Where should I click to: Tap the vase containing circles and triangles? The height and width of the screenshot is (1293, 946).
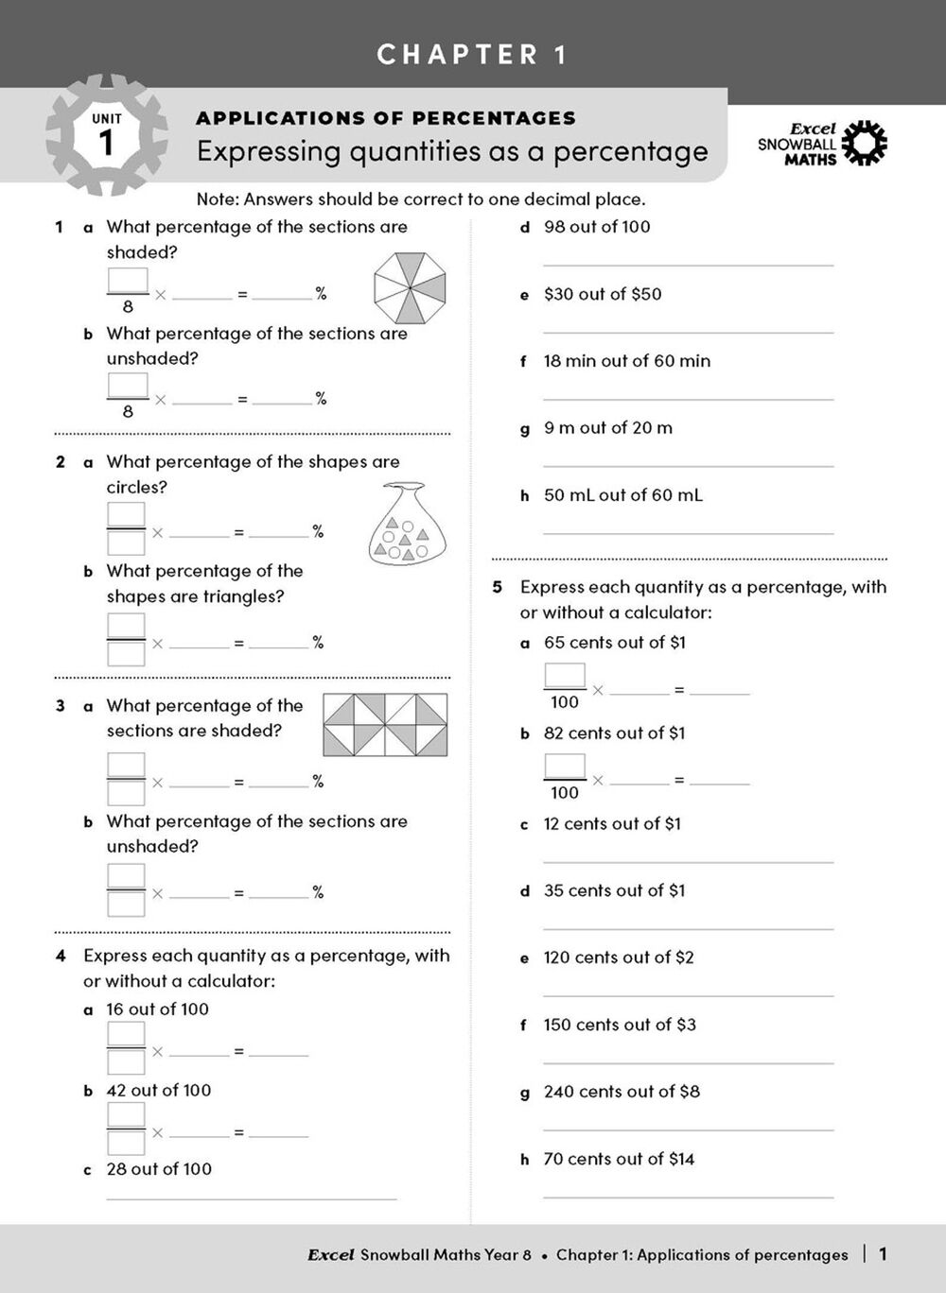coord(405,526)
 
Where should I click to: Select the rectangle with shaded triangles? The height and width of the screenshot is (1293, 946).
coord(385,725)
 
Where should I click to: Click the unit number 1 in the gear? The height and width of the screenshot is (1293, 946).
coord(106,144)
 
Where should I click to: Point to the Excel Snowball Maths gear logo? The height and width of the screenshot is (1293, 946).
coord(864,144)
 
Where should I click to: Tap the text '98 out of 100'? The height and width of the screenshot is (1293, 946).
coord(597,227)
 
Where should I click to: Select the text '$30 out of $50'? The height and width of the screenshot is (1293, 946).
coord(603,294)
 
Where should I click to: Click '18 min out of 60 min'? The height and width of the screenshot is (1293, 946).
coord(626,361)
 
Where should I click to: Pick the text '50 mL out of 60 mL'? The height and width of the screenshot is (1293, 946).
coord(622,495)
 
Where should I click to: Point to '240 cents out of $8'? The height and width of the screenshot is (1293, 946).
coord(622,1092)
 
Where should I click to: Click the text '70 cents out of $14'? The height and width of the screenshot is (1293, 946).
coord(619,1159)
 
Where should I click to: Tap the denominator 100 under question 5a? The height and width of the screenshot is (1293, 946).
coord(565,702)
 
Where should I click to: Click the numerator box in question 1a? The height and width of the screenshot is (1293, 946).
coord(128,281)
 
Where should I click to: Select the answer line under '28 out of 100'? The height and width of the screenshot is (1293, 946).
coord(251,1198)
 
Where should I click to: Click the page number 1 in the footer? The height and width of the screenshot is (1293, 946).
coord(884,1254)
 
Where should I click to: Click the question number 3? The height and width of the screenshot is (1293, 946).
coord(61,706)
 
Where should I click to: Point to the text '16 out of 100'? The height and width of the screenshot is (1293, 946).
coord(157,1009)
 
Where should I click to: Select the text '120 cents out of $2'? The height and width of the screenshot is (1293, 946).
coord(619,957)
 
